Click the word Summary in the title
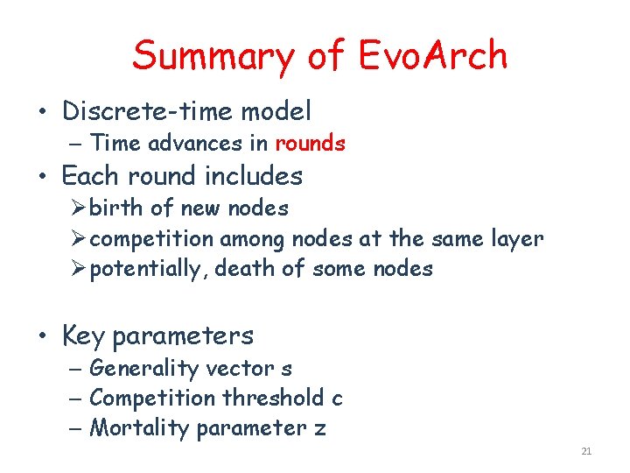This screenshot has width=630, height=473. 214,56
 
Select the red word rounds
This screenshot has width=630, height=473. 310,143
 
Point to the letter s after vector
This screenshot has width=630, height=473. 287,369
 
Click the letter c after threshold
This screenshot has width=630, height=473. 338,399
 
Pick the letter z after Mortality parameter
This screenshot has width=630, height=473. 320,428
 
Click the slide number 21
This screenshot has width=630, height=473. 586,452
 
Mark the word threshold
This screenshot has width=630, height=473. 272,399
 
